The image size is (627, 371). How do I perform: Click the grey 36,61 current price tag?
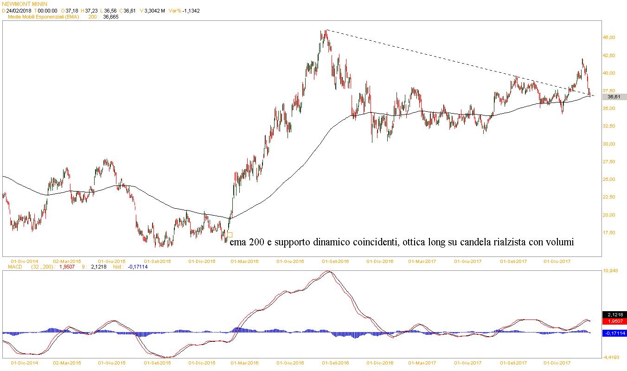pos(614,97)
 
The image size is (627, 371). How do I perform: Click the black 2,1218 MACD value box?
pos(614,315)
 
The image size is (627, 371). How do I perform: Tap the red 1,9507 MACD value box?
pos(614,321)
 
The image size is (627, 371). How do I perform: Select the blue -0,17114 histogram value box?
pos(614,333)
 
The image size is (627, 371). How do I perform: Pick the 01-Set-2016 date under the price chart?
pos(336,262)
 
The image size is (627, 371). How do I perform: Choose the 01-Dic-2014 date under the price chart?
pos(24,262)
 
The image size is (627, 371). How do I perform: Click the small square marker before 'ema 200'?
pos(230,235)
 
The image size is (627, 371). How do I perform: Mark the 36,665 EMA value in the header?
pos(111,17)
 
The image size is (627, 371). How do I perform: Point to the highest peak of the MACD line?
pos(329,271)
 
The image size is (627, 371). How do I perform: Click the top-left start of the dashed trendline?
pos(326,30)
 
